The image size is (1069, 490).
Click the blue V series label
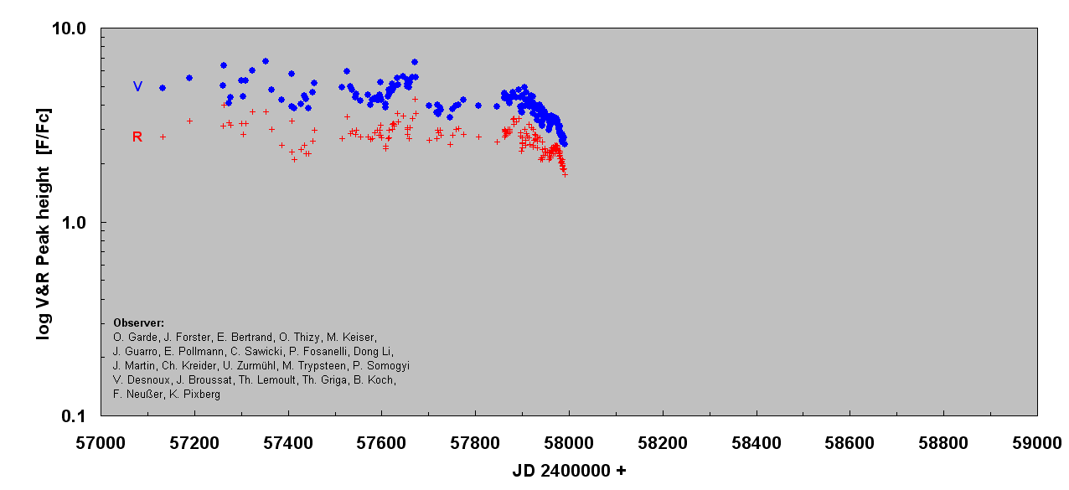pos(137,86)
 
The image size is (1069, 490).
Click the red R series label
pos(137,137)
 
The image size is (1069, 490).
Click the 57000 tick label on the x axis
pos(101,442)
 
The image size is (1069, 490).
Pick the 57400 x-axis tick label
pos(288,442)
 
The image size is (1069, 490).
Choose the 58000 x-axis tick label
pos(569,442)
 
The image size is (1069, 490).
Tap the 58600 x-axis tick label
pos(850,442)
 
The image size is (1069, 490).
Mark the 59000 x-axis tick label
pos(1036,442)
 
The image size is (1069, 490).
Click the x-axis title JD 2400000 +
pos(569,472)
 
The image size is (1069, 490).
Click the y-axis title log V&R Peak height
pos(44,223)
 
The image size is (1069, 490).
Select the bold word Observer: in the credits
pos(138,323)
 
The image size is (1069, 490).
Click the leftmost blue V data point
pos(163,88)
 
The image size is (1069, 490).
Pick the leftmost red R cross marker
pos(163,137)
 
